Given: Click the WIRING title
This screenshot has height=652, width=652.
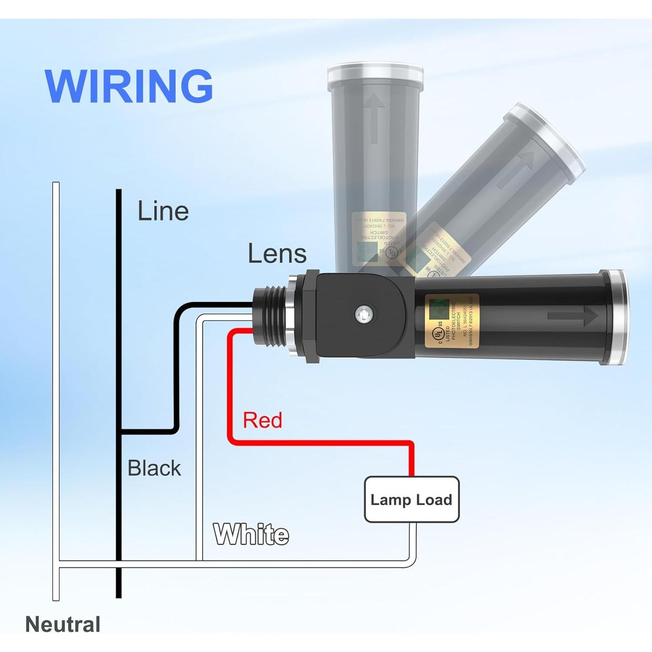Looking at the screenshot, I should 129,86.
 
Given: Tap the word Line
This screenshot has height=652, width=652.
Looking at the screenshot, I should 163,211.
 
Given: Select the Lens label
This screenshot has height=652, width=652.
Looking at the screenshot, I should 277,254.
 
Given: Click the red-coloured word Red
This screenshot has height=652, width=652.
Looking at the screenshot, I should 262,420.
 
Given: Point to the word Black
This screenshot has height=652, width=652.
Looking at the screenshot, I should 154,468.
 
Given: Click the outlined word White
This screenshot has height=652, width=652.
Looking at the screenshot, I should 251,534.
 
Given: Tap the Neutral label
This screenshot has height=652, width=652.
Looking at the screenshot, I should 63,624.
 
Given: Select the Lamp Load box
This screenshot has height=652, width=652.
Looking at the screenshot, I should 411,499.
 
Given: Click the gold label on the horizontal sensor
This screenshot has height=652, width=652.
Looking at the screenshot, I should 452,321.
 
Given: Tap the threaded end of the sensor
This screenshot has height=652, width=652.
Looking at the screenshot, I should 270,317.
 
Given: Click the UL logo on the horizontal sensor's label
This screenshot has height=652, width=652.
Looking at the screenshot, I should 437,334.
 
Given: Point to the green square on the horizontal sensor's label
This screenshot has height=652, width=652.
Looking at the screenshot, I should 437,307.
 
